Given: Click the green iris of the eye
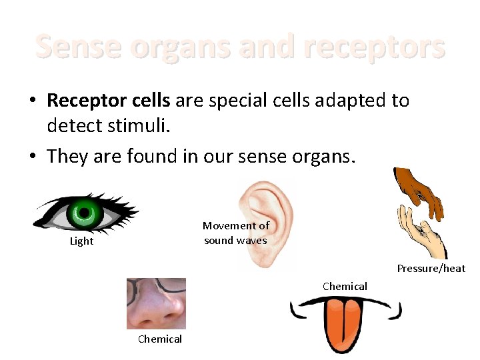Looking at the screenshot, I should point(84,213).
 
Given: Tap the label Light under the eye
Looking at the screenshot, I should point(81,241).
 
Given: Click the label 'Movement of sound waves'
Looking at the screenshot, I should point(236,233).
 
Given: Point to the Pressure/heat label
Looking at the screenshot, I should point(431,269).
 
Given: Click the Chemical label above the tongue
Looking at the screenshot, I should point(345,286).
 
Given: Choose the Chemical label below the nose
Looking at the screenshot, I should point(160,339).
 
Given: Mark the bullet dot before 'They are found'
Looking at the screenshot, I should point(33,157).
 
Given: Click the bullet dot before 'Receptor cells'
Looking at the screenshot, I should point(33,101).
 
